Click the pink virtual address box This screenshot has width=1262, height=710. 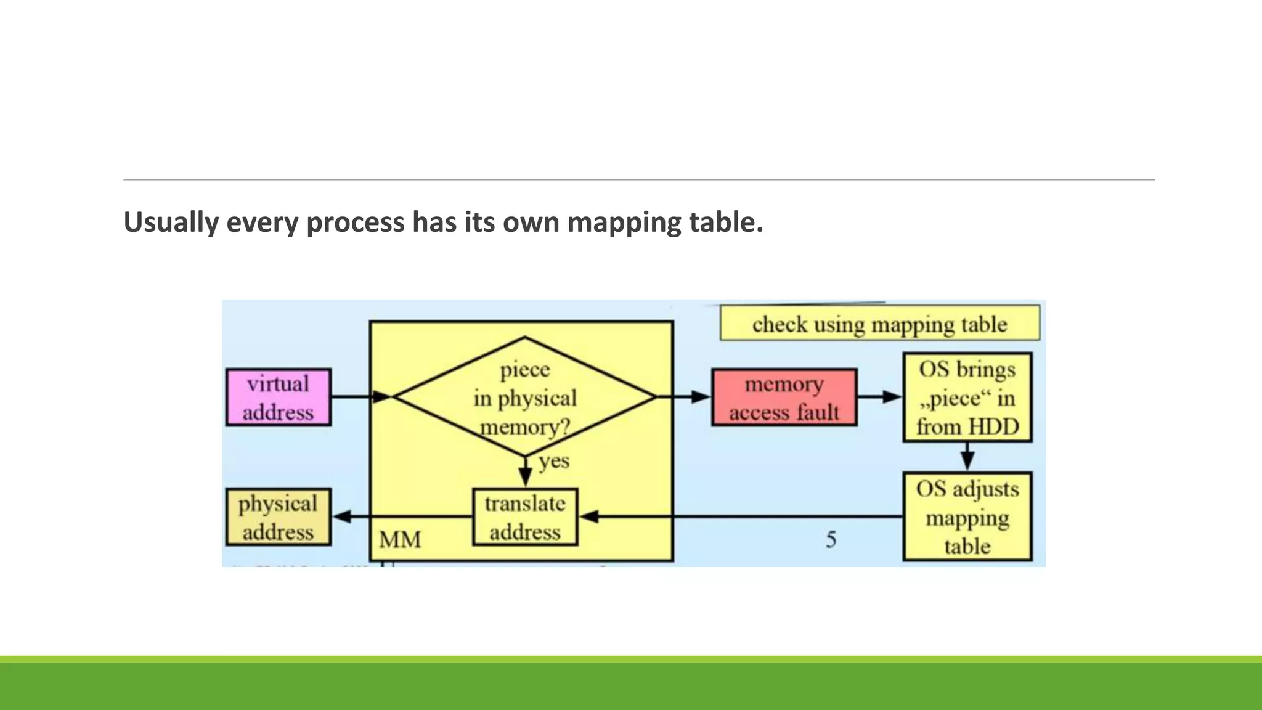point(278,398)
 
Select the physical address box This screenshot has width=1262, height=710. point(278,517)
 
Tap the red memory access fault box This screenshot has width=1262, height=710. point(784,398)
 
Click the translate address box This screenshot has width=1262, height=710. point(524,517)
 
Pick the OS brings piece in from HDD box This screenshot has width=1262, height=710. point(967,398)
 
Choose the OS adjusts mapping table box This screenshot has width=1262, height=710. point(967,517)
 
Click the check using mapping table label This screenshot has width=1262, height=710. point(879,324)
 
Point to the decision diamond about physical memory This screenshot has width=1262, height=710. point(524,398)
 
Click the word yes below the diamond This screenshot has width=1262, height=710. point(553,461)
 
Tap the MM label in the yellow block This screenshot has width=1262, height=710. point(400,540)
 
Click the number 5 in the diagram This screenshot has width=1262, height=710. point(831,540)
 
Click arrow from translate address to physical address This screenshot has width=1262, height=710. point(403,516)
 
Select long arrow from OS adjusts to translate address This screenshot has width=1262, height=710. point(739,516)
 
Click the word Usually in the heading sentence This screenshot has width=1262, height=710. point(171,222)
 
